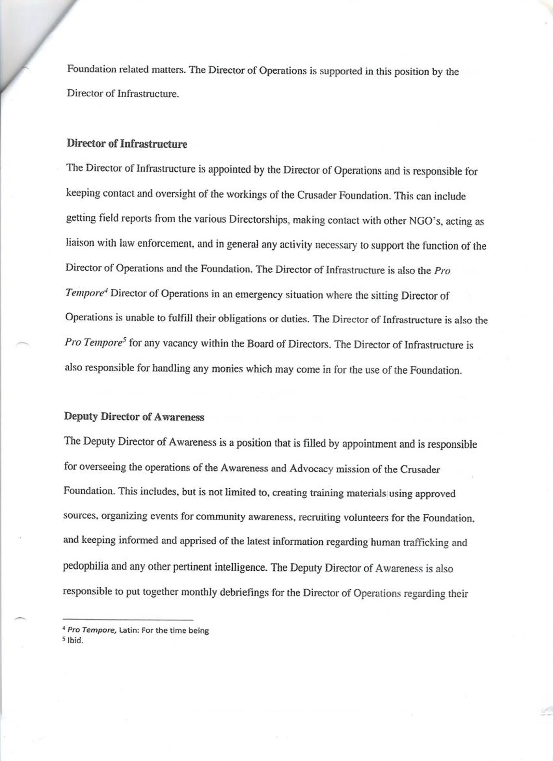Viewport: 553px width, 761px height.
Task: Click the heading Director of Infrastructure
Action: point(127,144)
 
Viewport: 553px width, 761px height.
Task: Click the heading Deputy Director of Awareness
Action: point(134,417)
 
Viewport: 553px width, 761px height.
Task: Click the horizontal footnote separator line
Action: point(128,619)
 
